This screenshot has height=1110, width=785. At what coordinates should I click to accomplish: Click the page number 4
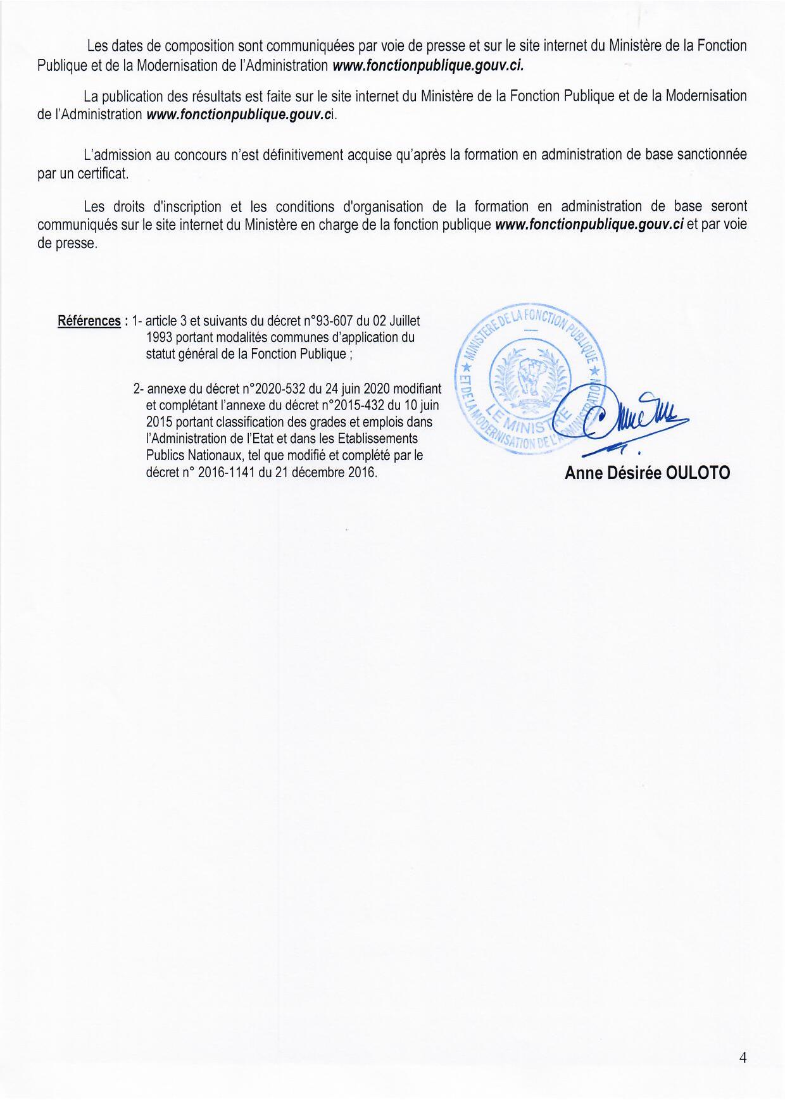(x=743, y=1057)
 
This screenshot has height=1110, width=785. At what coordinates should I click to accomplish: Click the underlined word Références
(x=89, y=321)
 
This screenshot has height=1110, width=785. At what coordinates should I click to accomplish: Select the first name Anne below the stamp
(x=582, y=473)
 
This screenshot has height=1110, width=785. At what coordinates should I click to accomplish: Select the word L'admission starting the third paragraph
(x=117, y=155)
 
